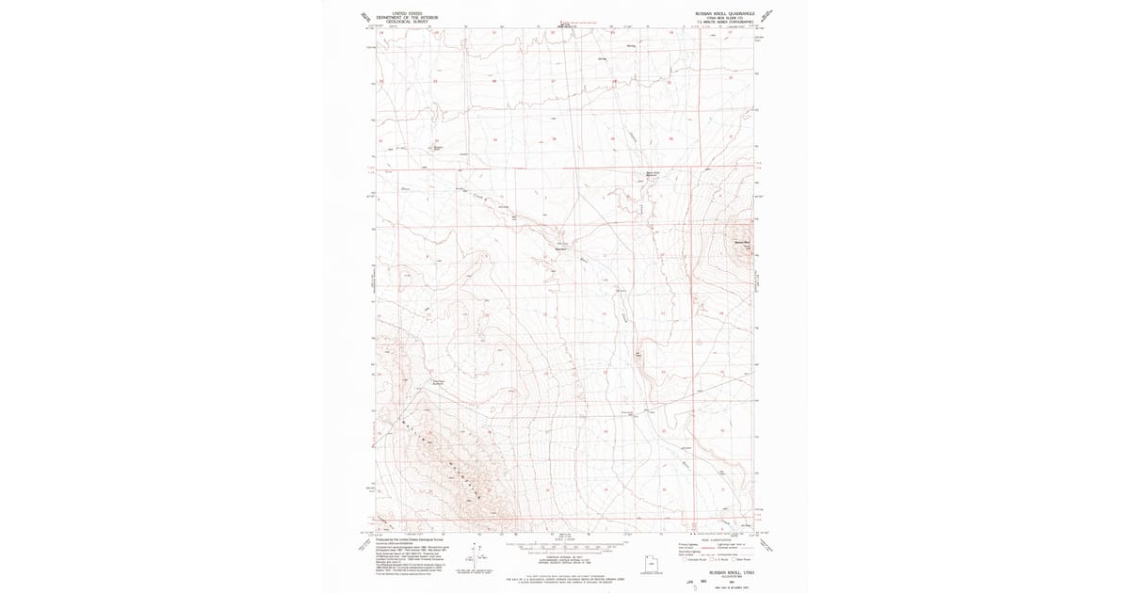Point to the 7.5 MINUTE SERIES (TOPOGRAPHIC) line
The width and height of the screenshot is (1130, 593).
pyautogui.click(x=720, y=21)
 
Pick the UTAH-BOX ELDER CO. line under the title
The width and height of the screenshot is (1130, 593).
pyautogui.click(x=720, y=17)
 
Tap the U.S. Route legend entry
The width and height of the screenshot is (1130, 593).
pyautogui.click(x=714, y=559)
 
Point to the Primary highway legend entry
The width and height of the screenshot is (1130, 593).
pyautogui.click(x=687, y=544)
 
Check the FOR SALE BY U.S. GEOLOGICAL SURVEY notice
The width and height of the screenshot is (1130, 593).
pyautogui.click(x=565, y=576)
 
